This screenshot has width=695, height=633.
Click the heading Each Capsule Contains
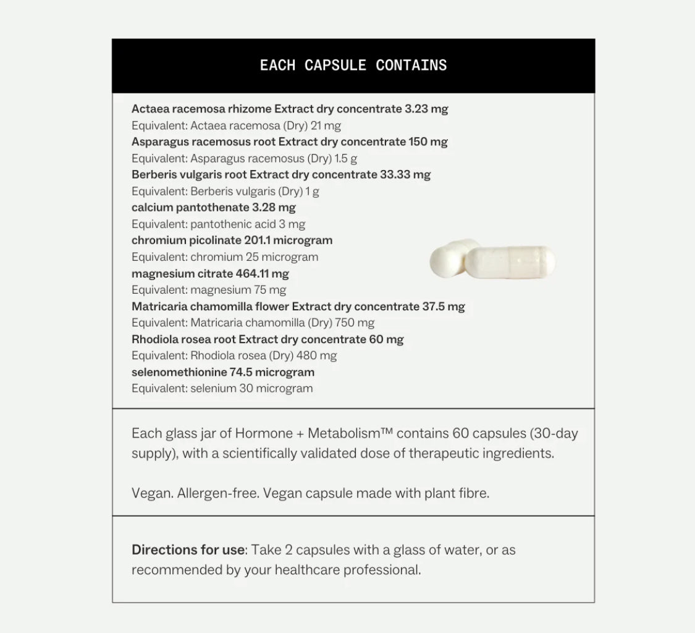pyautogui.click(x=353, y=66)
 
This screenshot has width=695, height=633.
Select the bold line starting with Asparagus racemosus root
pyautogui.click(x=289, y=142)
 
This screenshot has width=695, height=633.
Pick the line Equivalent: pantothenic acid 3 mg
pyautogui.click(x=218, y=224)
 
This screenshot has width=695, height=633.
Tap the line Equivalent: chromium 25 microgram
pyautogui.click(x=225, y=257)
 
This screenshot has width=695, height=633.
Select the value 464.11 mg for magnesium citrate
pyautogui.click(x=262, y=273)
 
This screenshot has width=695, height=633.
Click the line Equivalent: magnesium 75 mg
pyautogui.click(x=209, y=290)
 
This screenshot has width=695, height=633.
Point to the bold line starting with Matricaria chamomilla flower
pyautogui.click(x=298, y=307)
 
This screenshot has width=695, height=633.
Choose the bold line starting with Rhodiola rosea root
pyautogui.click(x=267, y=339)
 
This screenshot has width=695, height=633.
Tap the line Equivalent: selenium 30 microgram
pyautogui.click(x=222, y=389)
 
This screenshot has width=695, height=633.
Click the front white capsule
pyautogui.click(x=511, y=262)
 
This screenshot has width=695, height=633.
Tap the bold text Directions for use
pyautogui.click(x=188, y=550)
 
